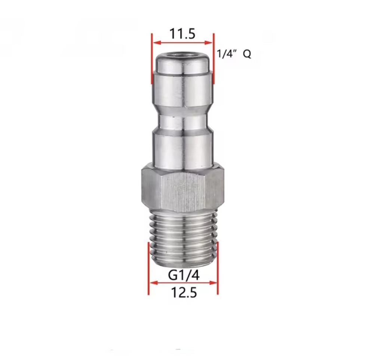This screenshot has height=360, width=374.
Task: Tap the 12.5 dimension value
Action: tap(184, 292)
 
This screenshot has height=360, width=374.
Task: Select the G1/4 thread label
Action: tap(184, 275)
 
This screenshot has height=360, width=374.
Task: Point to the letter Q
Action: tap(247, 54)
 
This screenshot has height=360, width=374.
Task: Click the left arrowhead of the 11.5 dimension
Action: tap(157, 43)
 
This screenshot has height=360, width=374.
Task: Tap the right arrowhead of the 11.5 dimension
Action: tap(208, 43)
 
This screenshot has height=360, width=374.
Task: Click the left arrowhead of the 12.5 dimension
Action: tap(153, 283)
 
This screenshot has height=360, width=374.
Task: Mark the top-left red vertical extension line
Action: tap(151, 58)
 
